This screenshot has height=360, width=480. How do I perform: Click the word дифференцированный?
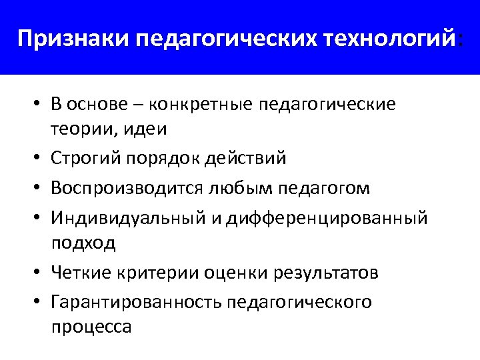(326, 219)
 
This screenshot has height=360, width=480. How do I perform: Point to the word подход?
(83, 243)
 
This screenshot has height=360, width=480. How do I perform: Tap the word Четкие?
(81, 273)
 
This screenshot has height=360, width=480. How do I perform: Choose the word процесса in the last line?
(91, 327)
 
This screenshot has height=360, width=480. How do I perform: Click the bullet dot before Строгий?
(37, 159)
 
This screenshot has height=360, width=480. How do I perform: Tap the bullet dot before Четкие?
(37, 273)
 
